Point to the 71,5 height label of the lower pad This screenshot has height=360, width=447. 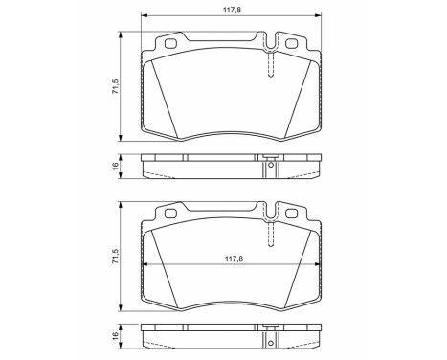click(115, 258)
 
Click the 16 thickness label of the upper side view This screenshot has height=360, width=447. click(115, 166)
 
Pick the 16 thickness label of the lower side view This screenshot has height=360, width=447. click(115, 337)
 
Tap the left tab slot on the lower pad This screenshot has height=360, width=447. click(171, 215)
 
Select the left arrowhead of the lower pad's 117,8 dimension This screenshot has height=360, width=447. click(146, 264)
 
